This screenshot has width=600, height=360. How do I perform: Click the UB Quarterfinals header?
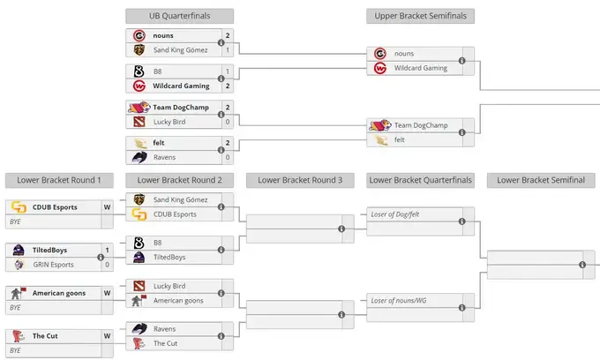(x=179, y=16)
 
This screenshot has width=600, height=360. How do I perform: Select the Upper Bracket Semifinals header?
(x=420, y=16)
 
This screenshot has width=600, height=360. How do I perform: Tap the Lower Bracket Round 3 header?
(x=300, y=180)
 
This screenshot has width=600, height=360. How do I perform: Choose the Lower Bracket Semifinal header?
(x=541, y=180)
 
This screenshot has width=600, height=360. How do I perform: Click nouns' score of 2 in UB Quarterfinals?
(x=228, y=35)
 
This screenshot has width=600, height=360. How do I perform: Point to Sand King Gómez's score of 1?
(x=228, y=50)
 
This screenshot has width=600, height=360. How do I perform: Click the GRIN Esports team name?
(x=53, y=265)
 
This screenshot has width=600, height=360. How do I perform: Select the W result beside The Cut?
(x=107, y=336)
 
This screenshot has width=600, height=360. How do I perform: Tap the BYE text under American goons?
(x=15, y=308)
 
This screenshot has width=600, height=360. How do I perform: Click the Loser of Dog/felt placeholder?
(x=395, y=214)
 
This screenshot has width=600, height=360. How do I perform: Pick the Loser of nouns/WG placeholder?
(x=398, y=301)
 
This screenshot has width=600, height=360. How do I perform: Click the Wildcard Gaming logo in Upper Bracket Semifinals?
(x=380, y=68)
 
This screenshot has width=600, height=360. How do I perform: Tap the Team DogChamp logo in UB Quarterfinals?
(x=139, y=107)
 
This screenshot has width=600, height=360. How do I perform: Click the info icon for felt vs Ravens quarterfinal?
(x=221, y=150)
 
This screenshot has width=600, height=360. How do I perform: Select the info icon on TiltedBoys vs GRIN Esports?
(x=101, y=258)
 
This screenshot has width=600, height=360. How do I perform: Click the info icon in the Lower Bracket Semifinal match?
(x=582, y=265)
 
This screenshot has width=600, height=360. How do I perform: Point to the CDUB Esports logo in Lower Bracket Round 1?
(x=19, y=207)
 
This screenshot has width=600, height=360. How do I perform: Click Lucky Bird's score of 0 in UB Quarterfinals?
(x=228, y=122)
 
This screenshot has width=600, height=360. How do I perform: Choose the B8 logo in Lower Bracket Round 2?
(x=139, y=243)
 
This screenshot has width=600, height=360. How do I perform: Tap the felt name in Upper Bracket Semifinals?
(x=399, y=140)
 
